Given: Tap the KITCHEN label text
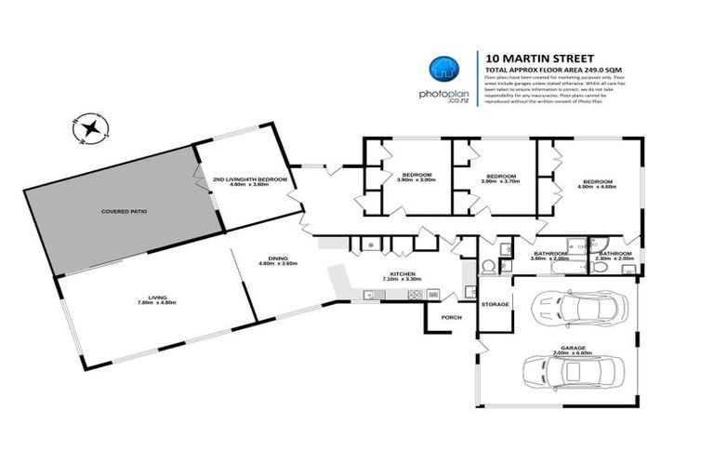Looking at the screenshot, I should point(402,273).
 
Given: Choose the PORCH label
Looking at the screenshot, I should point(451,318).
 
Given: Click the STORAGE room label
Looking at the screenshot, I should point(495,304).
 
